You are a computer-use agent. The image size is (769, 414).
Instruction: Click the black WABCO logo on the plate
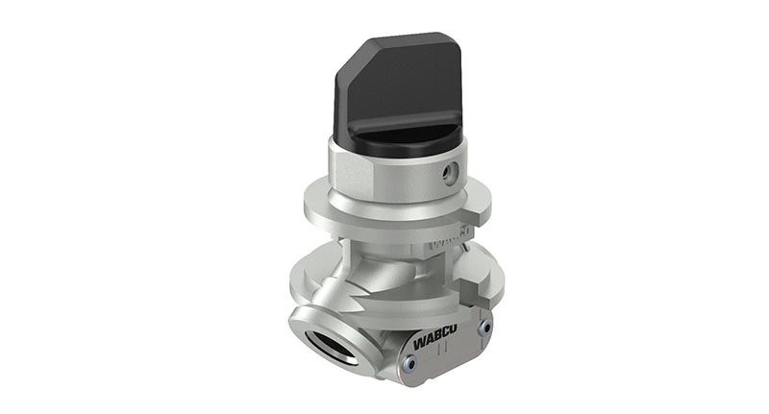(x=435, y=339)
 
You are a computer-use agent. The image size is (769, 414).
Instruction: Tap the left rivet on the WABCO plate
(x=409, y=362)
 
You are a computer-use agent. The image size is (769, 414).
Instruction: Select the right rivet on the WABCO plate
(x=484, y=328)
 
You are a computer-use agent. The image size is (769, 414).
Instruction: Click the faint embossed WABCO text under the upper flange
(x=449, y=239)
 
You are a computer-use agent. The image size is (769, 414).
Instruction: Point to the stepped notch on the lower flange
(x=474, y=285)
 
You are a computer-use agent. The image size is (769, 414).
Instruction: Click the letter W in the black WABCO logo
(x=419, y=345)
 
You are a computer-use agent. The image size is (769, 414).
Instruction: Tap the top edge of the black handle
(x=399, y=39)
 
